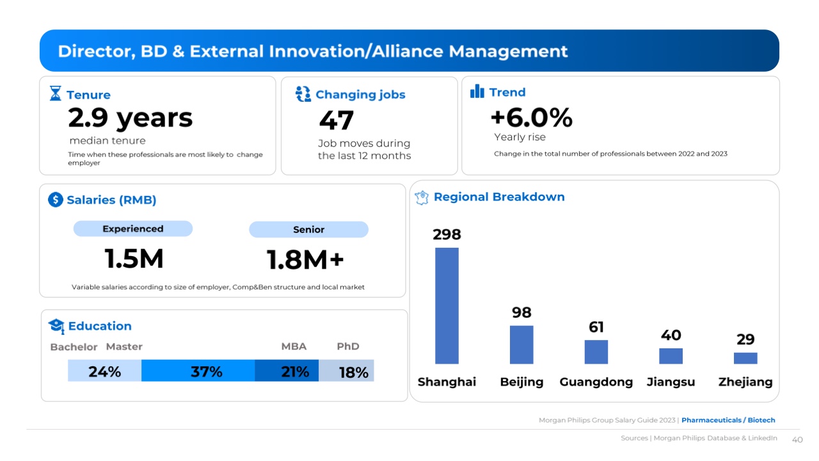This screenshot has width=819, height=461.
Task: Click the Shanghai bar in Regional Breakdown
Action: (447, 305)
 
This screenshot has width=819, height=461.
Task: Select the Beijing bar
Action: (521, 344)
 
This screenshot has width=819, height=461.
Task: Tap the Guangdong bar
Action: (596, 352)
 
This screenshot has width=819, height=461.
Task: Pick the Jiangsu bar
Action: (671, 356)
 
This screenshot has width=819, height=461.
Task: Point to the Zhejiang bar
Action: (745, 358)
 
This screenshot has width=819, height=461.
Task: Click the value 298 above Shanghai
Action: (447, 234)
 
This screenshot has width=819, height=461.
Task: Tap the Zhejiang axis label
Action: (745, 382)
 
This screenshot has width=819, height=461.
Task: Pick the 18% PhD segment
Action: (346, 371)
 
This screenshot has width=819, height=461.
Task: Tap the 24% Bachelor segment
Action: (104, 371)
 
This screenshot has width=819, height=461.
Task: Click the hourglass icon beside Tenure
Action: (56, 93)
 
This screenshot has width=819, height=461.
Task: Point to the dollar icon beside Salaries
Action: (56, 200)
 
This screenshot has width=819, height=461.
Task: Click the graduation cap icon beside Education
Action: (56, 326)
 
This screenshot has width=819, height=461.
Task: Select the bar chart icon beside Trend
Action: (477, 92)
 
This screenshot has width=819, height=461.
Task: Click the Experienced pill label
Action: (133, 229)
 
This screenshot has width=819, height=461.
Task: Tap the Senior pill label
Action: (308, 229)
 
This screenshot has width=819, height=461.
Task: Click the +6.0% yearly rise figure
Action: (531, 118)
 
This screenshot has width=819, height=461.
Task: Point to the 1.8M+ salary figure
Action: (305, 260)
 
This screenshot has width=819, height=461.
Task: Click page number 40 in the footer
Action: (797, 440)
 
